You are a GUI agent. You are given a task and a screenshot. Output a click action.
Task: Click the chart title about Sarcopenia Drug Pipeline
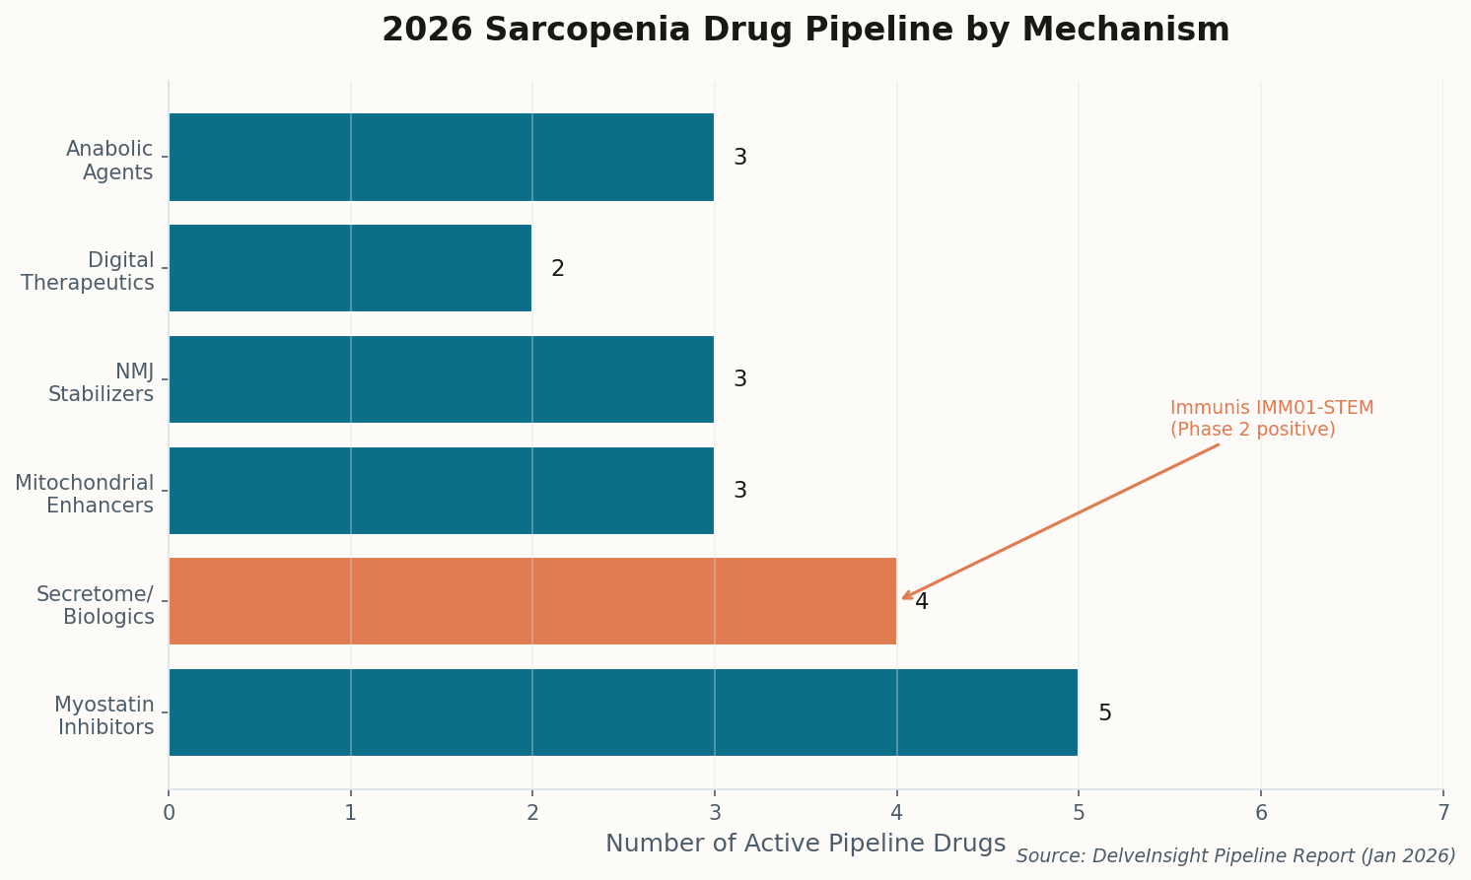(x=805, y=31)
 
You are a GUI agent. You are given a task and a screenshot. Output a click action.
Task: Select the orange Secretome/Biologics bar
(x=532, y=601)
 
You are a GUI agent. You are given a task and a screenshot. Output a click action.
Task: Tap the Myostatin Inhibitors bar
(x=623, y=712)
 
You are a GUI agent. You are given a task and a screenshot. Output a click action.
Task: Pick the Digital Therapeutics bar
(x=350, y=268)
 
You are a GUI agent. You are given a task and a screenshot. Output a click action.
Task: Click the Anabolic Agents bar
(x=441, y=157)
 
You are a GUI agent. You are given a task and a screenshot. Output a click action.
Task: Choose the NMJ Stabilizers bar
(x=441, y=379)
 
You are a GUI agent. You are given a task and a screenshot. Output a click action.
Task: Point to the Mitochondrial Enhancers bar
(x=441, y=491)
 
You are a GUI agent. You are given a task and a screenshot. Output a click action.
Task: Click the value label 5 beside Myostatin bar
(x=1104, y=713)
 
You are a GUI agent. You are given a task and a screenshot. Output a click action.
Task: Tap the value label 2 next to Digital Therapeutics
(x=558, y=269)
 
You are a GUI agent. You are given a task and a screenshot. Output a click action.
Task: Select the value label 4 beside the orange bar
(x=922, y=602)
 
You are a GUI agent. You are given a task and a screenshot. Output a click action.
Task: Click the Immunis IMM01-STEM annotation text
(x=1271, y=419)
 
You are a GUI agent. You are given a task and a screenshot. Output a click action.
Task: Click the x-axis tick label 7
(x=1442, y=813)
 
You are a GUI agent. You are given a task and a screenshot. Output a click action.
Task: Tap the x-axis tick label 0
(x=169, y=813)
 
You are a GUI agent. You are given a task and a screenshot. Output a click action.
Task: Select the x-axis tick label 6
(x=1260, y=813)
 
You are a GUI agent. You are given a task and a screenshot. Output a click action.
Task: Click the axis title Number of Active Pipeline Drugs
(x=805, y=844)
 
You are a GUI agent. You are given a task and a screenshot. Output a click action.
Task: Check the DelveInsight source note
(x=1235, y=856)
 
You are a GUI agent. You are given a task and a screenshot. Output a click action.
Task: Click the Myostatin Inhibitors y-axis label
(x=105, y=716)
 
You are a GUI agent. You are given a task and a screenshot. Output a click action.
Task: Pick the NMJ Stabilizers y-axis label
(x=101, y=383)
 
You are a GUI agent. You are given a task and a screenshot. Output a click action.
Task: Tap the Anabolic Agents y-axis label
(x=109, y=161)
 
